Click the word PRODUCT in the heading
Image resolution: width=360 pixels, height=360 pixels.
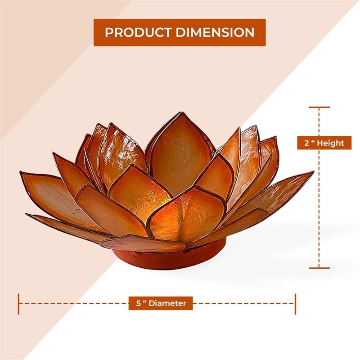point(138,32)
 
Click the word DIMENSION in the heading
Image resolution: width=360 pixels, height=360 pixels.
point(215,32)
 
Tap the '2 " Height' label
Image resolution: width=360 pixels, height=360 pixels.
point(324,143)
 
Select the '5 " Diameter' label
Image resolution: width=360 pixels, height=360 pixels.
point(161,303)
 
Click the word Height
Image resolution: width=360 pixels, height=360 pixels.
point(330,143)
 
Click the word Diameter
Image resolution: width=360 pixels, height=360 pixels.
point(167,303)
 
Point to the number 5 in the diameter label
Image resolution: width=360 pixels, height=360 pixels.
point(138,303)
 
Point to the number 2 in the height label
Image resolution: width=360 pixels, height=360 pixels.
point(307,143)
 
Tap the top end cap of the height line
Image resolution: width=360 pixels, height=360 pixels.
point(319,107)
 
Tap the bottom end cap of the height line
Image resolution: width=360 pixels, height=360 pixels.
point(319,268)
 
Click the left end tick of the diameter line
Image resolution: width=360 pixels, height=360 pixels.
point(18,304)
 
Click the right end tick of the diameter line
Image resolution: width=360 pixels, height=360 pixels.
point(295,304)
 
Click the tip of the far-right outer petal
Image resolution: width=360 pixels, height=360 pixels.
point(313,171)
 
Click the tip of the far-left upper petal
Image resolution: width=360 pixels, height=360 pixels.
point(21,172)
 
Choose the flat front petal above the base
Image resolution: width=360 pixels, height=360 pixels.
point(143,243)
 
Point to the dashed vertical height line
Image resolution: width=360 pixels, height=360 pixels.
point(319,188)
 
